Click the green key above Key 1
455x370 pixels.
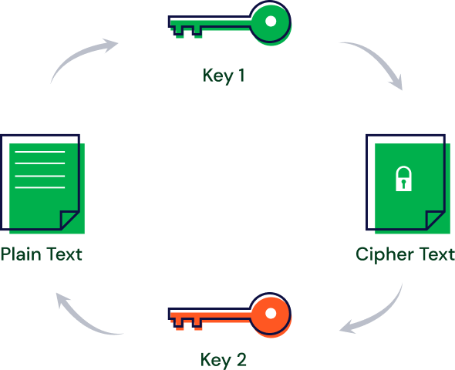click(230, 23)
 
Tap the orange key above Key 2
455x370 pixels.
click(230, 315)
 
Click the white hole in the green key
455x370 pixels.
click(271, 21)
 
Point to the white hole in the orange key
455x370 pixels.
click(271, 313)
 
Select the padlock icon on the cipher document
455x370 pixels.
click(403, 179)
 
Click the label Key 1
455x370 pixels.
click(224, 76)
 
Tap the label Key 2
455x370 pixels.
click(224, 360)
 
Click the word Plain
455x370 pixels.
click(21, 254)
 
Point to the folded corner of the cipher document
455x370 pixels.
click(434, 220)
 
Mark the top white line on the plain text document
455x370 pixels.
click(40, 152)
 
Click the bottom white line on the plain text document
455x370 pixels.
click(40, 187)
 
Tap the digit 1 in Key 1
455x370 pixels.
click(241, 75)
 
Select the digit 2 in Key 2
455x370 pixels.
click(241, 359)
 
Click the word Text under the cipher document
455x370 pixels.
click(437, 254)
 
